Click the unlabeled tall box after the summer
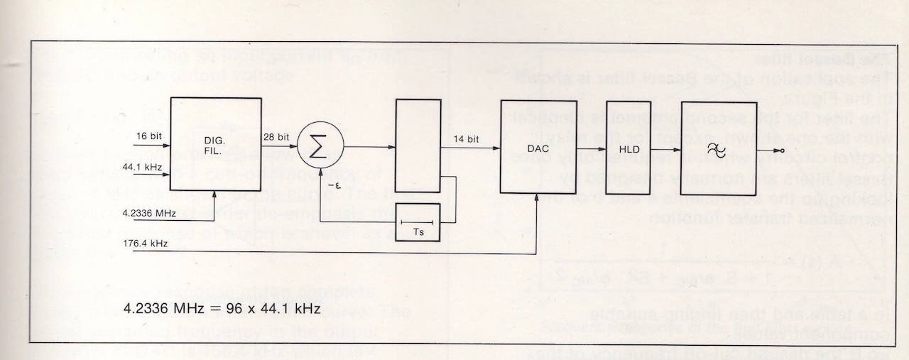pos(418,146)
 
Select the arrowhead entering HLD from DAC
pos(604,150)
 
